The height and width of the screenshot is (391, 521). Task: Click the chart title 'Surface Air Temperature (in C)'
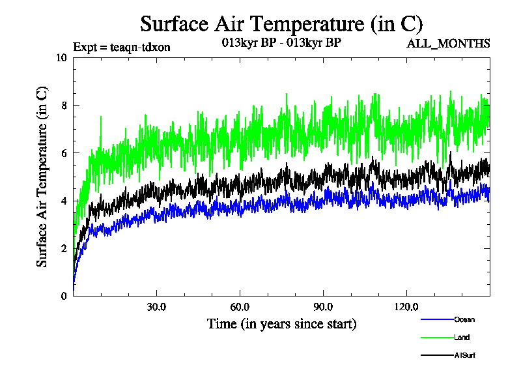click(281, 24)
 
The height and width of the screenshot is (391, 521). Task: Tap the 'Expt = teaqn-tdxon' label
click(121, 47)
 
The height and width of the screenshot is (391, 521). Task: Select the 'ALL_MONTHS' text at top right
click(448, 44)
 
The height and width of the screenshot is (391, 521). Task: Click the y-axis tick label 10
click(62, 57)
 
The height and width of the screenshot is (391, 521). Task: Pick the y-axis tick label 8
click(64, 105)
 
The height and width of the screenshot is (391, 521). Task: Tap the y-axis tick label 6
click(64, 152)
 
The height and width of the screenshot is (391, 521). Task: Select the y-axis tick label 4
click(64, 201)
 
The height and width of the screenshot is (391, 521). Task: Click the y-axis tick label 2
click(64, 248)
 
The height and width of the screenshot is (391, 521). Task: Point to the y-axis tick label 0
click(64, 296)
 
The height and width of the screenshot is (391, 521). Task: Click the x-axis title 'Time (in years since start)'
click(281, 324)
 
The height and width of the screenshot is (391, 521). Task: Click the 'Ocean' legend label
click(464, 319)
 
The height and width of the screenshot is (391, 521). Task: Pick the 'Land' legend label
click(462, 338)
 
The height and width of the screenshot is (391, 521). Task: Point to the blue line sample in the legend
click(437, 319)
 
